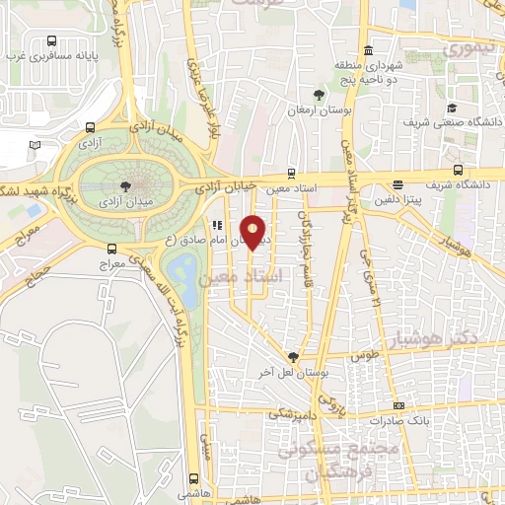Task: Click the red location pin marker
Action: [254, 231]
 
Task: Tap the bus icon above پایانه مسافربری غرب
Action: [51, 41]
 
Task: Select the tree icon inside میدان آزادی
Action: [125, 184]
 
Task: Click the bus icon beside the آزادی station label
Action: [91, 127]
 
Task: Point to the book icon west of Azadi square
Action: [36, 145]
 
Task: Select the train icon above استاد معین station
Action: [291, 171]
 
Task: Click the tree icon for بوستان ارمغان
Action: [318, 95]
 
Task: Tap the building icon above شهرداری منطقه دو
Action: [368, 51]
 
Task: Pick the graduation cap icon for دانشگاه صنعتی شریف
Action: [451, 108]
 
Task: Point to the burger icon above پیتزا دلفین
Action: [397, 184]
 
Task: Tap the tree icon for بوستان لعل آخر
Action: [292, 357]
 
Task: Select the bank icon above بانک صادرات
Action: [397, 405]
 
